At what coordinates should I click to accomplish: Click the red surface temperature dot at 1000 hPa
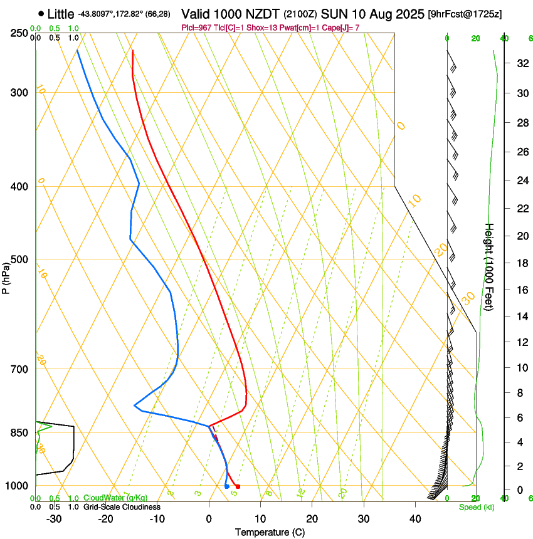[x=238, y=486]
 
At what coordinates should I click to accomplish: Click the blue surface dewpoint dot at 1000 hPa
[x=226, y=486]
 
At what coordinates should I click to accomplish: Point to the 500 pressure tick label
[x=19, y=259]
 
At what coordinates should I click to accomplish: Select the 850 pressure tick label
[x=19, y=432]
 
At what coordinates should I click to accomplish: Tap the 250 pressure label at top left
[x=19, y=33]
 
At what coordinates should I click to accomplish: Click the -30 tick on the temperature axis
[x=54, y=518]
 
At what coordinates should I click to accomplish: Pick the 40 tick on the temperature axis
[x=414, y=518]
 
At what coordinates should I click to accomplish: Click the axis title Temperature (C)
[x=270, y=532]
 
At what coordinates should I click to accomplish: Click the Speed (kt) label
[x=476, y=507]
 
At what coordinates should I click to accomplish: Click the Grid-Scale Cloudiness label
[x=122, y=507]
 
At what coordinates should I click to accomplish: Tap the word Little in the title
[x=61, y=14]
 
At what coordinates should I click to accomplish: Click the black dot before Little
[x=41, y=13]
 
